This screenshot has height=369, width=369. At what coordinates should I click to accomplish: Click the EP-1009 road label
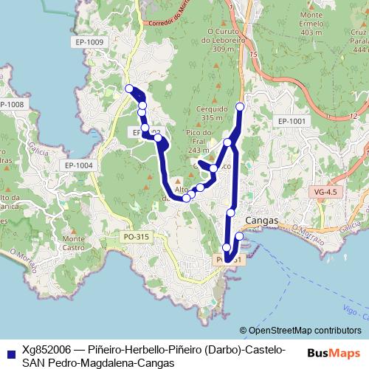[89, 42]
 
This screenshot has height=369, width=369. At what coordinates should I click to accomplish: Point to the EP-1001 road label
[292, 120]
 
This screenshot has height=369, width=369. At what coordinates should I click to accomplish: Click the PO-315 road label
[137, 236]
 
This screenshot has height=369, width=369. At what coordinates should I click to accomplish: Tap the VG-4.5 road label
[325, 192]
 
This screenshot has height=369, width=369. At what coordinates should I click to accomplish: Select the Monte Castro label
[73, 243]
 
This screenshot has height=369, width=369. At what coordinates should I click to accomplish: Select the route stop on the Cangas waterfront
[239, 236]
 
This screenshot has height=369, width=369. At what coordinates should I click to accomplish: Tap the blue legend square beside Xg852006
[9, 353]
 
